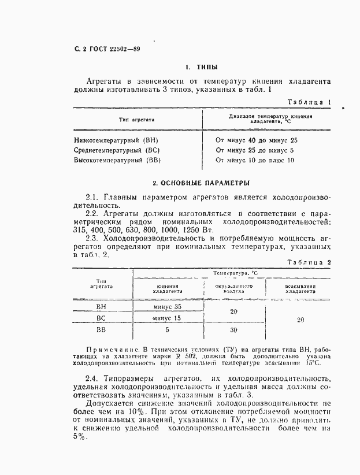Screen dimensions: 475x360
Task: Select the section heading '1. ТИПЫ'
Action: [x=201, y=67]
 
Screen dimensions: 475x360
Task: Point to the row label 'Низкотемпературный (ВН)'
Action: [x=116, y=140]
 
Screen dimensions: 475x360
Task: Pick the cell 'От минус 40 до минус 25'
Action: [x=256, y=140]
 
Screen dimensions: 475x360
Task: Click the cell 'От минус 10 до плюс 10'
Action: [x=254, y=160]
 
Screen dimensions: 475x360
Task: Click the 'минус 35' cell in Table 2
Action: [x=168, y=307]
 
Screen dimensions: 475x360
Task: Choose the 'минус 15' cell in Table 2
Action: [x=168, y=318]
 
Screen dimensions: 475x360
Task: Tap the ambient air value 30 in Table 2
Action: [x=233, y=331]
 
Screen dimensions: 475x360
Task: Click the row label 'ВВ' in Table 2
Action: [x=101, y=331]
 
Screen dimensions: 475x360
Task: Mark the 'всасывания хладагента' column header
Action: [x=300, y=289]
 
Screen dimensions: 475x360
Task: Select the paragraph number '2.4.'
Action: [x=95, y=376]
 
